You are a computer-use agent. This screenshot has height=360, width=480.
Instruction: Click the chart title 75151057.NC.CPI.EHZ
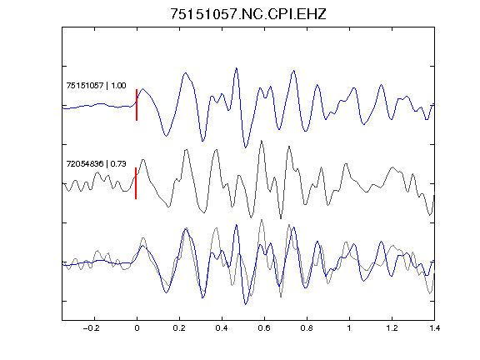[x=248, y=14]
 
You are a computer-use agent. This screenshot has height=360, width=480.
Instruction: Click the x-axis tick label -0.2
[x=91, y=328]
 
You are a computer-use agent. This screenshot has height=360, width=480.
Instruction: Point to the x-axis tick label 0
[x=137, y=328]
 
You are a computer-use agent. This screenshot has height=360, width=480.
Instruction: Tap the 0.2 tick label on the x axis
[x=179, y=328]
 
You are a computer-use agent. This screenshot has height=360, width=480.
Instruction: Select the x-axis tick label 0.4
[x=222, y=328]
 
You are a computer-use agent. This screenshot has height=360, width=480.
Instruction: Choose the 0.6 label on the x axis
[x=264, y=328]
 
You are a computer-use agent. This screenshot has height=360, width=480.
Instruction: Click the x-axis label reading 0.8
[x=307, y=328]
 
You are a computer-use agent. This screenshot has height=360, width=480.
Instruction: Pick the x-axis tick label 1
[x=349, y=328]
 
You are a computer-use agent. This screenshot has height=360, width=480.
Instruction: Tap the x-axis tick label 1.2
[x=392, y=328]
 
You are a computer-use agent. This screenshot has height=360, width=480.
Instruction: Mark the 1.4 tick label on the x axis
[x=434, y=328]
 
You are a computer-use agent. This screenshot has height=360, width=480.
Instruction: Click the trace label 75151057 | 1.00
[x=96, y=85]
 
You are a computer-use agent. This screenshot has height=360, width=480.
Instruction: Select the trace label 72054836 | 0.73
[x=96, y=164]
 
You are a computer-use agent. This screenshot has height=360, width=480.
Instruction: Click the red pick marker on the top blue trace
[x=137, y=105]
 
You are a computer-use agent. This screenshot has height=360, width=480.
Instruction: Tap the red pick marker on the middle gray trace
[x=136, y=183]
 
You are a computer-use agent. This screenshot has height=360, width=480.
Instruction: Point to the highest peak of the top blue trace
[x=236, y=68]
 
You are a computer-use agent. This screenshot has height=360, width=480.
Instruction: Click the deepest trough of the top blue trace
[x=245, y=147]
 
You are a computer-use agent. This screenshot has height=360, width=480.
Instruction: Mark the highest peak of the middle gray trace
[x=261, y=141]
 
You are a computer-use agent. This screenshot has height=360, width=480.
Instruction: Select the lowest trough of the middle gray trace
[x=281, y=218]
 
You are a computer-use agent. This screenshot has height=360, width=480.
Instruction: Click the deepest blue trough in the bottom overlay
[x=245, y=304]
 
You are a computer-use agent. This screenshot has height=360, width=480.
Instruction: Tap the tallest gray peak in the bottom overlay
[x=261, y=219]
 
